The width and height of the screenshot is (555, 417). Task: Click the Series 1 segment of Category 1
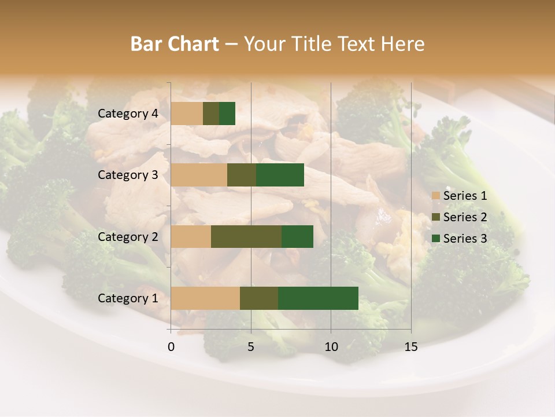click(x=205, y=298)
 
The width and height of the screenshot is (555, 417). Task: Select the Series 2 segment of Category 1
click(x=259, y=298)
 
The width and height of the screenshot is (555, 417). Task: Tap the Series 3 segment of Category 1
click(x=318, y=298)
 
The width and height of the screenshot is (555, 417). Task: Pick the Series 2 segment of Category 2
click(x=246, y=236)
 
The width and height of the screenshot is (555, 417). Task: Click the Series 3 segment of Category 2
click(x=297, y=236)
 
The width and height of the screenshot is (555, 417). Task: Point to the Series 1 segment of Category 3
click(x=199, y=175)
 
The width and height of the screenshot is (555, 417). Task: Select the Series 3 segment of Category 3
click(x=280, y=175)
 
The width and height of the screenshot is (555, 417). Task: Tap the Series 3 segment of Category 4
click(x=227, y=114)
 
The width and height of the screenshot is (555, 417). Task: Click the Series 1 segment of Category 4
click(x=187, y=114)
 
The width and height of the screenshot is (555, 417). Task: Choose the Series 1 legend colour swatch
click(x=435, y=196)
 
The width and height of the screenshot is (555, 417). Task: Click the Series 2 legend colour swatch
click(x=435, y=217)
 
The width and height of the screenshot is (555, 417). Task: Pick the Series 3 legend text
click(x=465, y=239)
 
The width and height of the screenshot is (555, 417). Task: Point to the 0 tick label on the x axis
click(x=171, y=347)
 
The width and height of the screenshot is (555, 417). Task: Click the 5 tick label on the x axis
click(x=251, y=347)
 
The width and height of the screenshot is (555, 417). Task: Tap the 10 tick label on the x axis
click(x=331, y=347)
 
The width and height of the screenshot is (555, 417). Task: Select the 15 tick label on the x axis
click(x=410, y=347)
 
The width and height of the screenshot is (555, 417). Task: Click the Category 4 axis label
click(x=128, y=114)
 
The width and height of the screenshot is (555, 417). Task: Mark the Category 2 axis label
click(x=128, y=236)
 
